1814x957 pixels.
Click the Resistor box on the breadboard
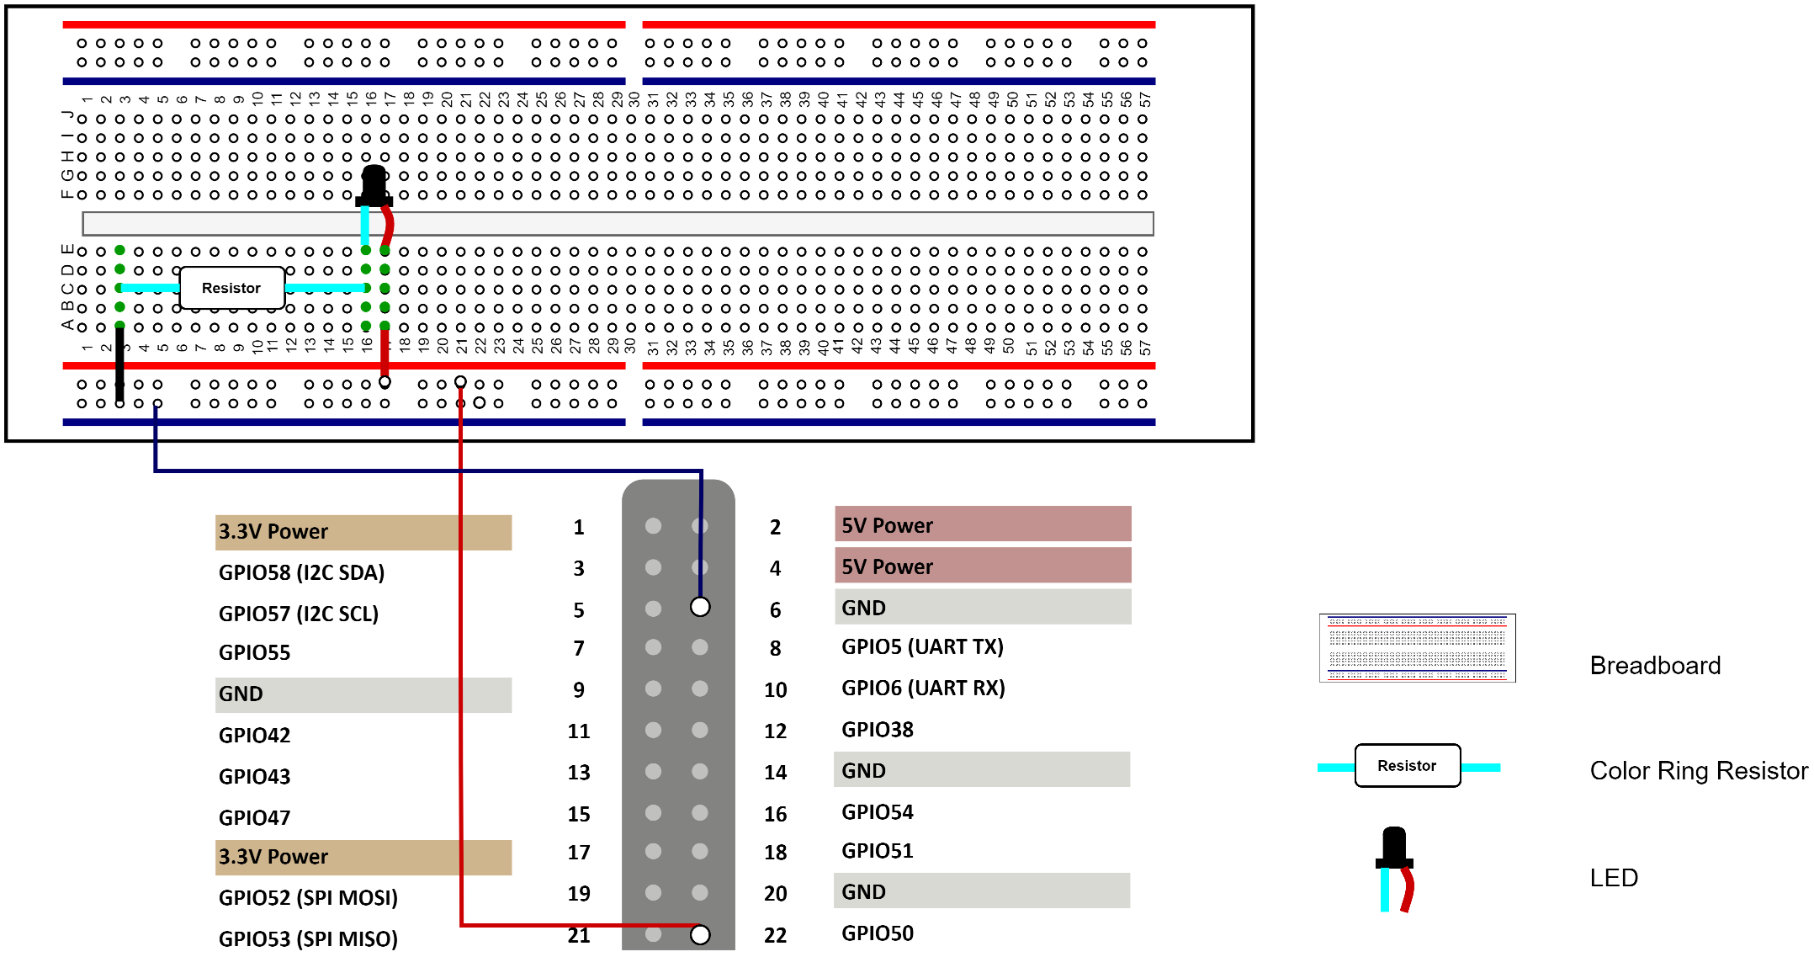[231, 288]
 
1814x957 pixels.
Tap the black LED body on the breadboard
[374, 184]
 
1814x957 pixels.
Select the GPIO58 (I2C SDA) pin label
[301, 572]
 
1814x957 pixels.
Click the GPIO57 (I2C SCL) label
[299, 614]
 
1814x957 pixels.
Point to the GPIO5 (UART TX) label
[922, 646]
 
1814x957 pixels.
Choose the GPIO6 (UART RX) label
[923, 688]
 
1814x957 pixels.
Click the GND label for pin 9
[241, 694]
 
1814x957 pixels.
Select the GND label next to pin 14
[863, 770]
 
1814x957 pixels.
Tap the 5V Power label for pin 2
[887, 525]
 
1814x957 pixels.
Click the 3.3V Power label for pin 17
[273, 856]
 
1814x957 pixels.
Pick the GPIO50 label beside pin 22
[878, 933]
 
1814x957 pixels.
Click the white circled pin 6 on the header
[700, 607]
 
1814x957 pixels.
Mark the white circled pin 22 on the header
[700, 934]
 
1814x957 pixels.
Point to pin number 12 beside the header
[775, 731]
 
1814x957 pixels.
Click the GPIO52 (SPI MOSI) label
[308, 897]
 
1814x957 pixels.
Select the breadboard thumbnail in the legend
[1417, 648]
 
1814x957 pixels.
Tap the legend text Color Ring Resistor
[1698, 770]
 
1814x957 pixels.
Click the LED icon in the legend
[1395, 869]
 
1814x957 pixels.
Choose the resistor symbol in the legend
[1408, 766]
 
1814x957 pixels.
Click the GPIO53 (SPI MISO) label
[308, 938]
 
